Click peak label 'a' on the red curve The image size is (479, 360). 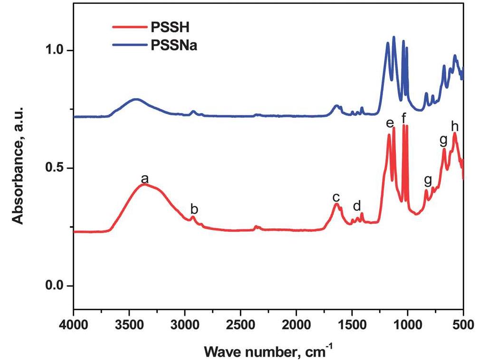point(145,179)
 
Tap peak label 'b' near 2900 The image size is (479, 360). point(194,209)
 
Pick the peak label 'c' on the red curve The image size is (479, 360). point(336,198)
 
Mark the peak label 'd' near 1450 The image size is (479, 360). point(357,206)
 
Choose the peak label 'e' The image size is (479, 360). point(390,124)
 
